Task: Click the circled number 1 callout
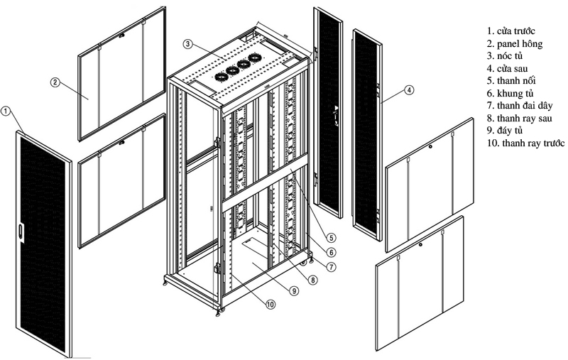tap(6, 111)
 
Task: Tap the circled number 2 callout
tap(54, 82)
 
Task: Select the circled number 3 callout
tap(187, 44)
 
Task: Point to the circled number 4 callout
tap(410, 90)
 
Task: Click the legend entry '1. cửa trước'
tap(515, 32)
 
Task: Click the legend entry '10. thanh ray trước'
tap(525, 143)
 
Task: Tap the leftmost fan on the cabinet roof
tap(219, 75)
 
